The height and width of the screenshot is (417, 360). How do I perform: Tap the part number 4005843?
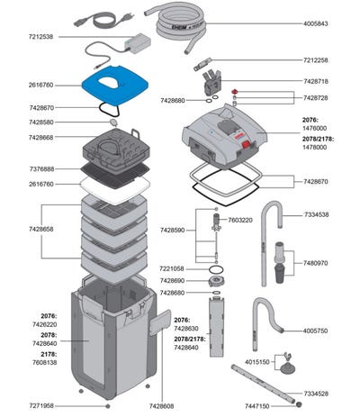315,23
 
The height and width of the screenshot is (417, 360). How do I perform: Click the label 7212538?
40,37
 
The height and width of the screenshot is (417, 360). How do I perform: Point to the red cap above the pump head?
235,91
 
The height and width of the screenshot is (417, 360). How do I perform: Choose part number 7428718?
316,81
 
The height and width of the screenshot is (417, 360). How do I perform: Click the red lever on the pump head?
247,145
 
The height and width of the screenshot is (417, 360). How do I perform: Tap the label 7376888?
41,169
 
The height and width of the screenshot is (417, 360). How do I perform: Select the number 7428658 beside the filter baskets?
41,229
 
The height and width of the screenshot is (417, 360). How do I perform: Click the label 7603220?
240,220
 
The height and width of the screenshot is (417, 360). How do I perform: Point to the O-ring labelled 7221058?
216,268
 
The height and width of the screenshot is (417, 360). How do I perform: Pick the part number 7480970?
315,263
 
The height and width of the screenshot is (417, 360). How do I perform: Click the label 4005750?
315,331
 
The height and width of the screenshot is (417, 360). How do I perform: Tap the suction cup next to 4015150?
287,367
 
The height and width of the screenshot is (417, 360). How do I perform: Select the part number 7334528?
316,394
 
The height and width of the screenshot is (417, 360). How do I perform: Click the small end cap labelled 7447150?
298,404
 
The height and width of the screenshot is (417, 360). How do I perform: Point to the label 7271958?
41,406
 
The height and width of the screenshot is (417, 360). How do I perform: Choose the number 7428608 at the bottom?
161,406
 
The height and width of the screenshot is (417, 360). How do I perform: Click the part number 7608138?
44,362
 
